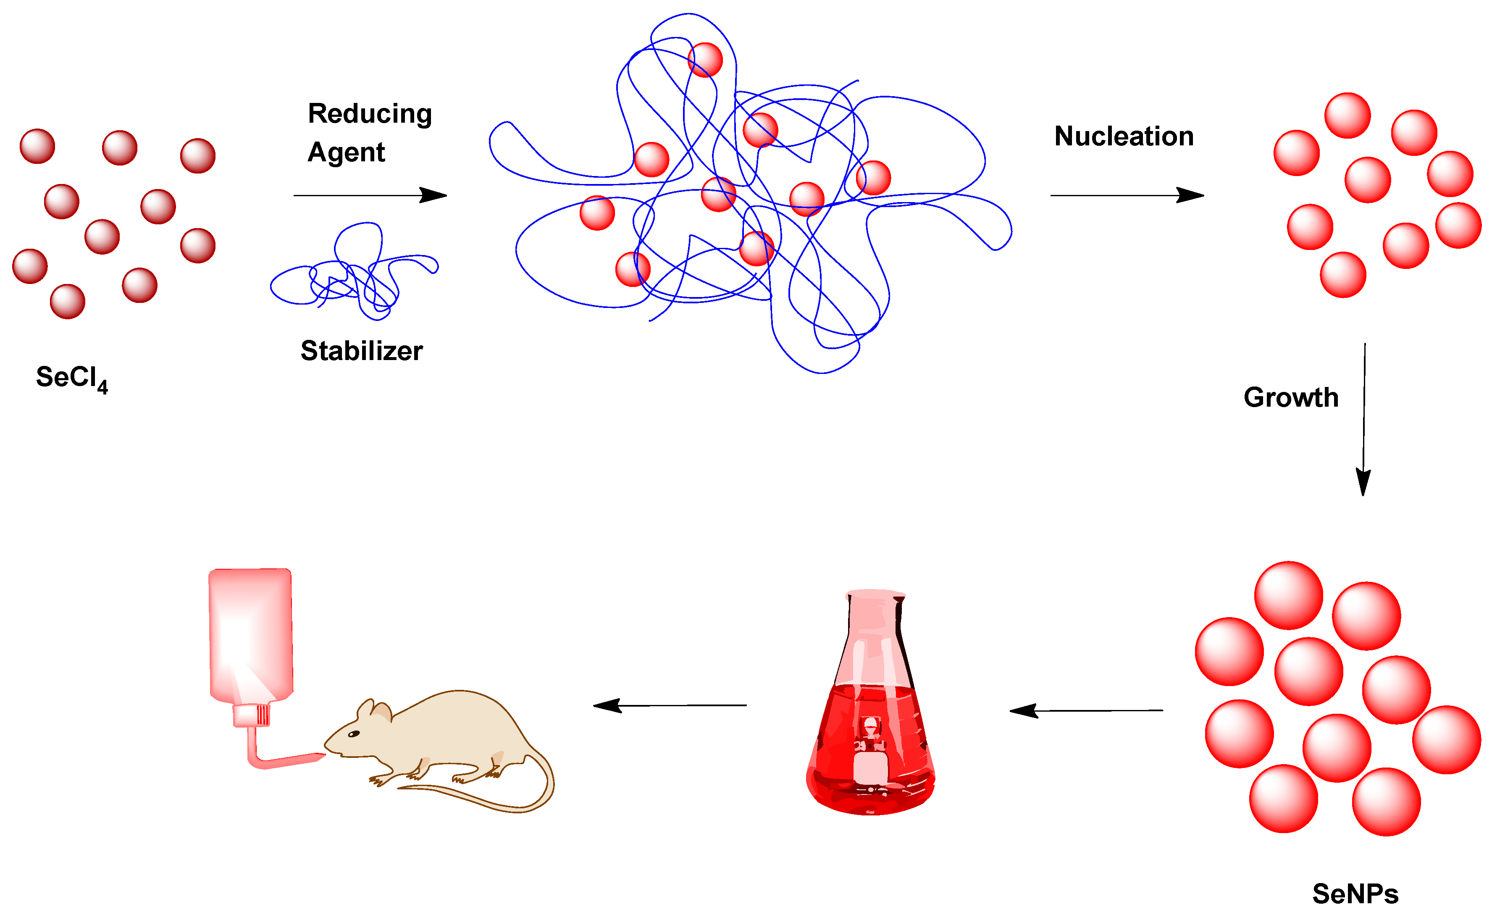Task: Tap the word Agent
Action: point(347,152)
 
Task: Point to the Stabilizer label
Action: point(362,351)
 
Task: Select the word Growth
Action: point(1290,398)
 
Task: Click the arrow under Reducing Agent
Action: point(370,196)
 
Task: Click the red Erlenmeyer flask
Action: point(871,727)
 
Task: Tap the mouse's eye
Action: point(354,734)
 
